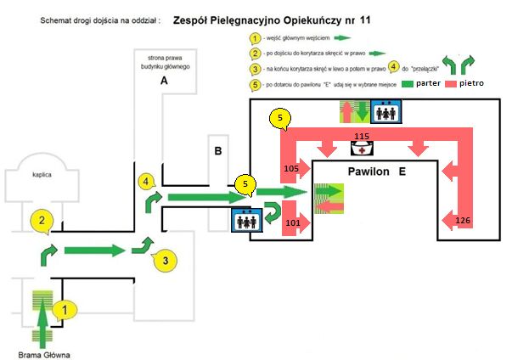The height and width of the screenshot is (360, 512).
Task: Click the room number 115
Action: [x=362, y=136]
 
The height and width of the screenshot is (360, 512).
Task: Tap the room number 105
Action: [x=291, y=170]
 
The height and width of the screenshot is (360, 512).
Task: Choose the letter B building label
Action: [x=218, y=153]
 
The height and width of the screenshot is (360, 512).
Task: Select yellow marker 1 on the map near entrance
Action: [x=60, y=311]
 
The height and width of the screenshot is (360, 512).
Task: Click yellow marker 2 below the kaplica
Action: [x=40, y=220]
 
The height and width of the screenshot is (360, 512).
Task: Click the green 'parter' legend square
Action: [x=408, y=86]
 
